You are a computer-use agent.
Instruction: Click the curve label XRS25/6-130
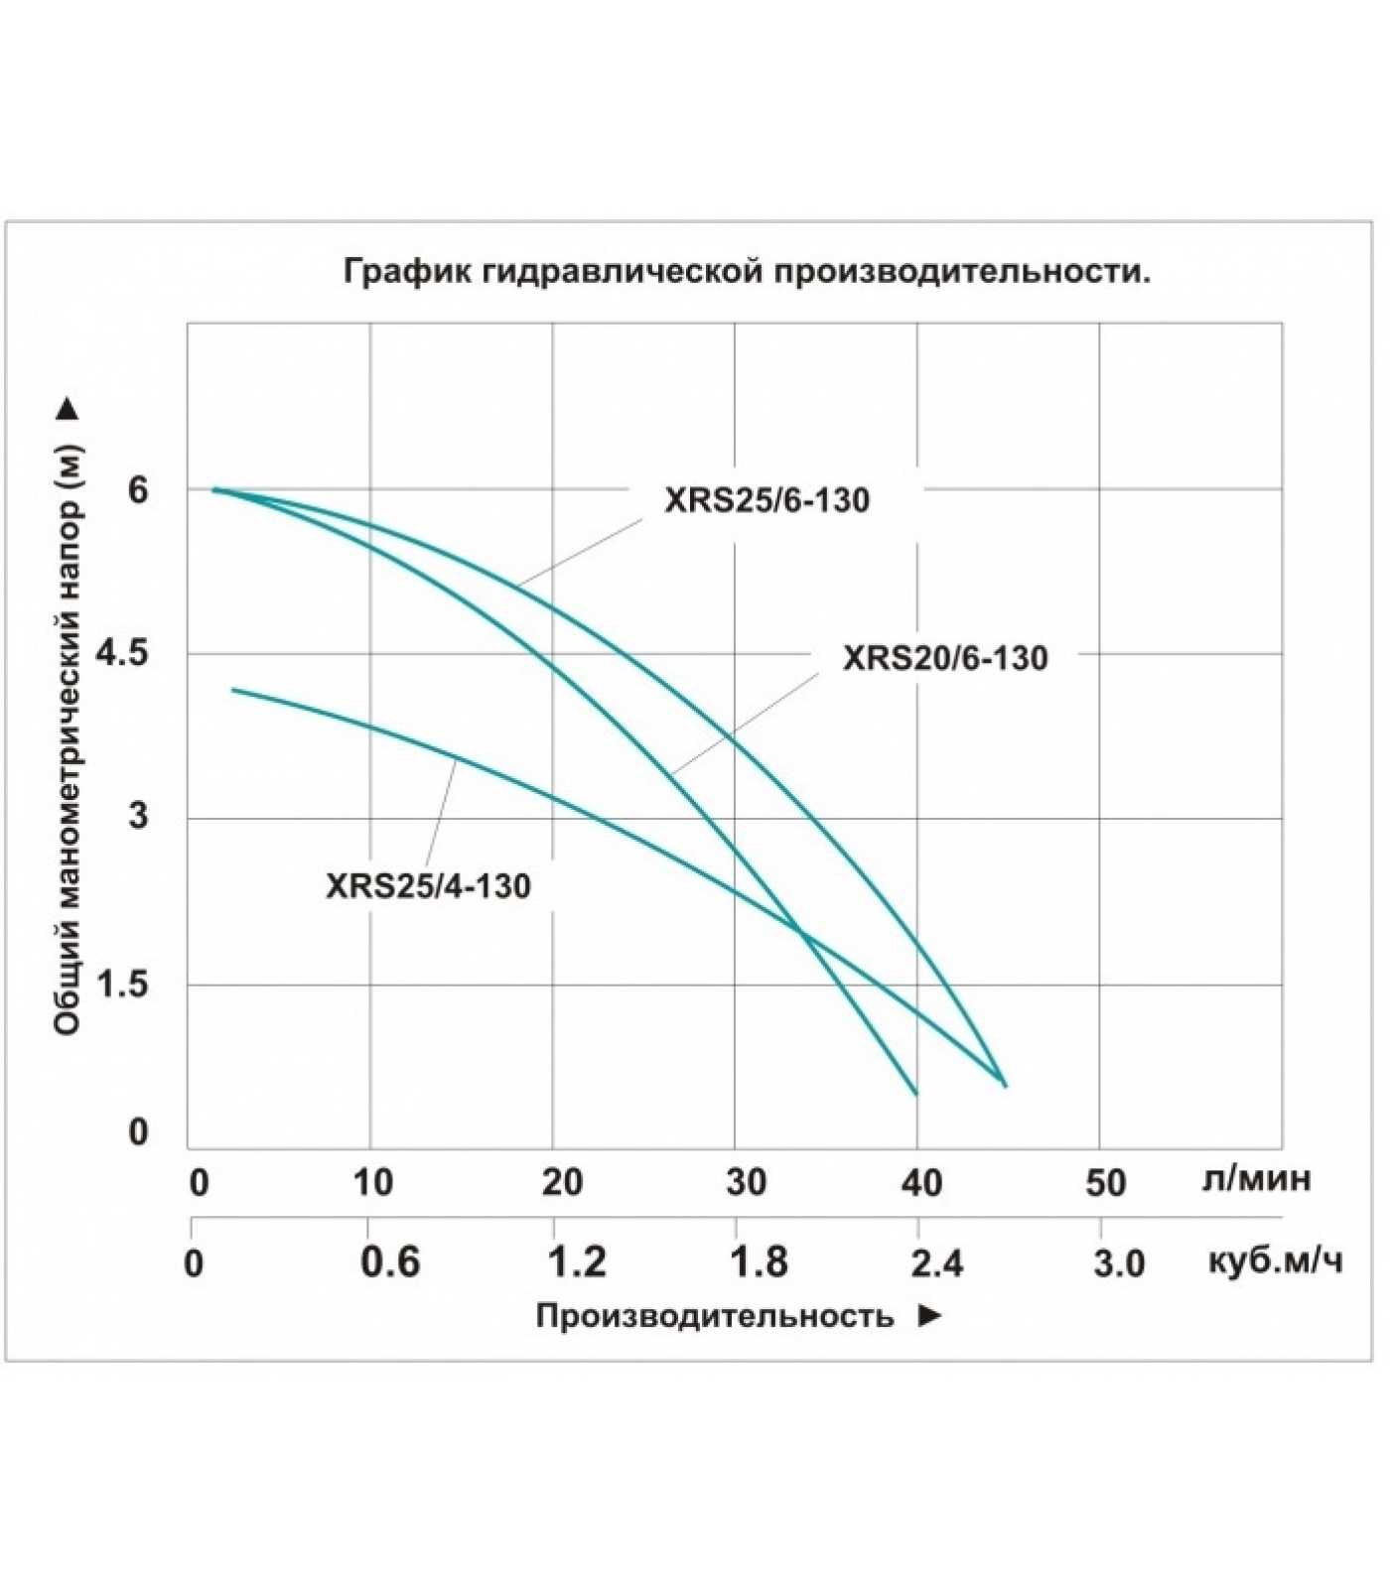point(766,499)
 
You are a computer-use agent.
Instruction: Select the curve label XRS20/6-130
point(945,658)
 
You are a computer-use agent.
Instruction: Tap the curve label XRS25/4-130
point(428,885)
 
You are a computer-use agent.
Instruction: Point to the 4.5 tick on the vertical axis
point(122,654)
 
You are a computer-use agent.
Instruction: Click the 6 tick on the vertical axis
point(137,489)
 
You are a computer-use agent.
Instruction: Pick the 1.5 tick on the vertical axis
point(122,985)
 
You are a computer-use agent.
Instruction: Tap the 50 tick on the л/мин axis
point(1106,1182)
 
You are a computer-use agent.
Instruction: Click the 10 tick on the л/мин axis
point(373,1182)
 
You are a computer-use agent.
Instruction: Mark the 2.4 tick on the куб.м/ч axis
point(936,1262)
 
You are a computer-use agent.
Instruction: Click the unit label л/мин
point(1256,1178)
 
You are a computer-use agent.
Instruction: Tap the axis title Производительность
point(715,1316)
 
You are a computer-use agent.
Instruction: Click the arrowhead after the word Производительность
point(929,1315)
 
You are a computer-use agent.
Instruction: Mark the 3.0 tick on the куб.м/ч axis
point(1119,1262)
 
